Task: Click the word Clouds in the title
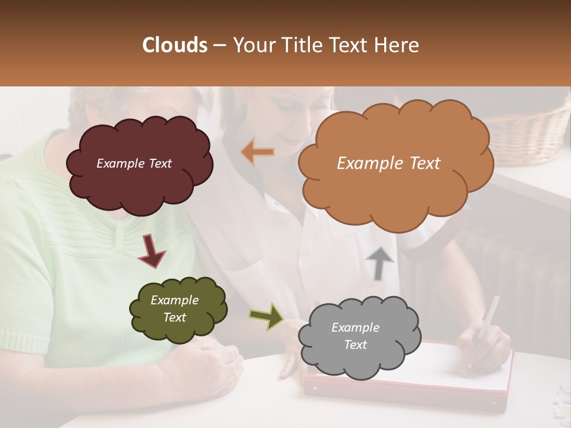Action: coord(175,45)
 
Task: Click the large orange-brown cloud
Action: coord(393,184)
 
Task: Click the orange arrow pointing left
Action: coord(258,152)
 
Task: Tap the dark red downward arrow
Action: coord(152,250)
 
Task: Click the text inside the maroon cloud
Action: coord(134,163)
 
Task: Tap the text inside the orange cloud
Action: coord(388,163)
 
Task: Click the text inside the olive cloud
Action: coord(174,309)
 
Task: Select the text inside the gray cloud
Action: coord(355,336)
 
